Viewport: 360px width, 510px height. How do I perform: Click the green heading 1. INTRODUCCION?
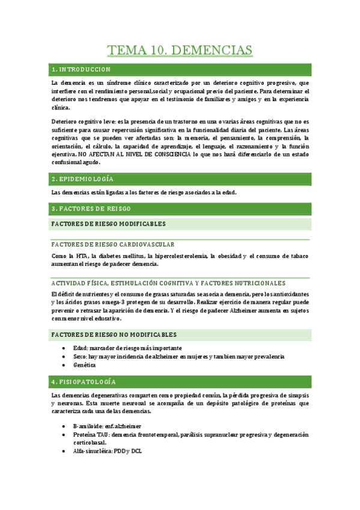pyautogui.click(x=82, y=69)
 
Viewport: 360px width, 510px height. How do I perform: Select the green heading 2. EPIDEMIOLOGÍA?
pyautogui.click(x=83, y=179)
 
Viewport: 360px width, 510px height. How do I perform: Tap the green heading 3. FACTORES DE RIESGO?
pyautogui.click(x=91, y=209)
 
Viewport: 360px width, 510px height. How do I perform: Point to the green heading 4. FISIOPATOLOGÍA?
pyautogui.click(x=84, y=382)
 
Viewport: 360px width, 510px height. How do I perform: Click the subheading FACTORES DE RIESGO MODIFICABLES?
pyautogui.click(x=109, y=224)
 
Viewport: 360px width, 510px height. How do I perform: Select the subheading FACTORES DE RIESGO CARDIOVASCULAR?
pyautogui.click(x=114, y=245)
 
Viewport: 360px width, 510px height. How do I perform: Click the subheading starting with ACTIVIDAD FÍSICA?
pyautogui.click(x=169, y=283)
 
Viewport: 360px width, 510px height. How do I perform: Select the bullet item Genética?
pyautogui.click(x=85, y=365)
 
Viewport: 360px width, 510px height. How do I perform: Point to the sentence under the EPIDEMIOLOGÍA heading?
pyautogui.click(x=144, y=192)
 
